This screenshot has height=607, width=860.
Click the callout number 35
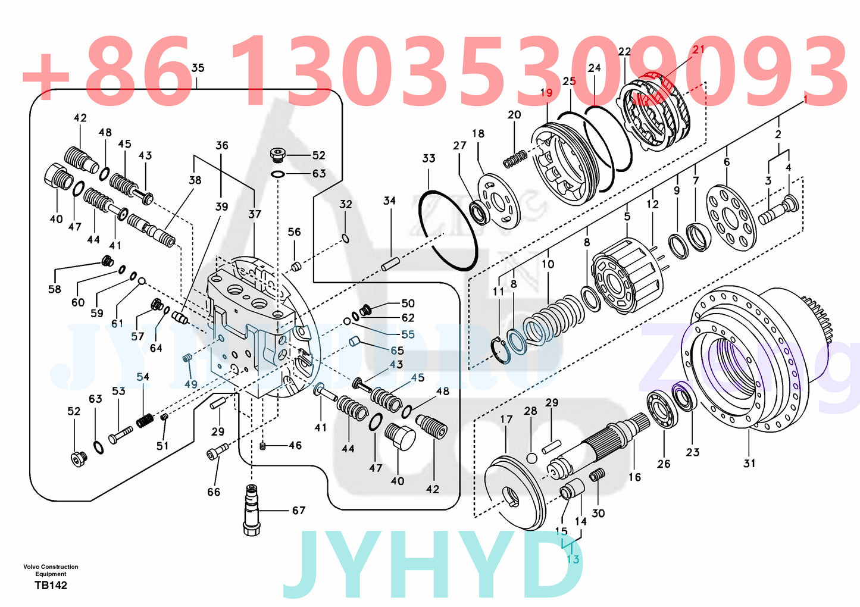tap(198, 68)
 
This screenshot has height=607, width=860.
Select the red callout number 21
tap(698, 49)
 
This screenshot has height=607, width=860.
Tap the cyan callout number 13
tap(573, 559)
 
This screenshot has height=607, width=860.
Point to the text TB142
tap(51, 585)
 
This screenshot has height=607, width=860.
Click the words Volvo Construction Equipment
tap(51, 570)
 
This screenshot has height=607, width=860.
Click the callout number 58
tap(54, 289)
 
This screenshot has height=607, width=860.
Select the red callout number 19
tap(546, 92)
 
